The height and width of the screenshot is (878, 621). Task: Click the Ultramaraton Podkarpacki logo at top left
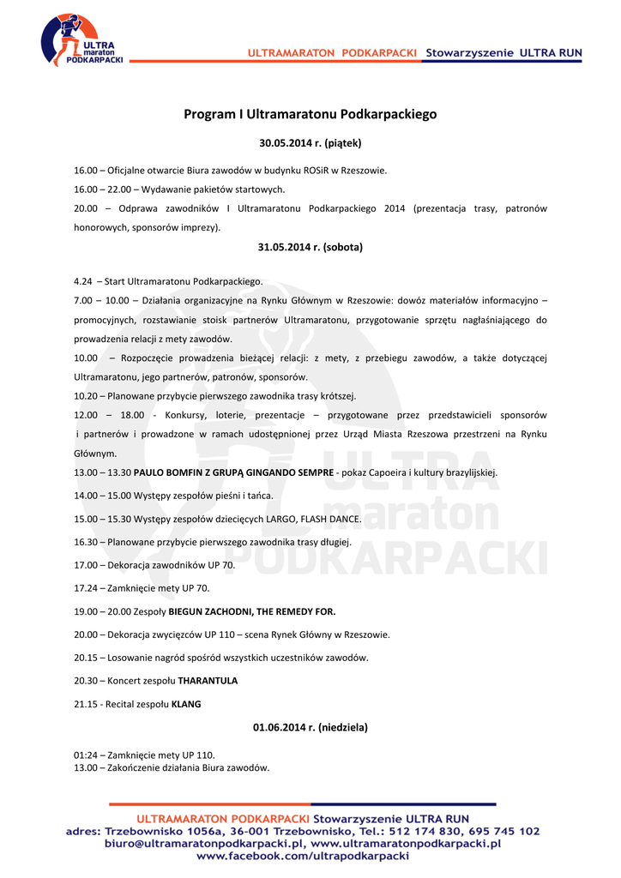tap(81, 40)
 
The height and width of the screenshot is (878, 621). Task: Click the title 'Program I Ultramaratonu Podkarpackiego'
tap(310, 114)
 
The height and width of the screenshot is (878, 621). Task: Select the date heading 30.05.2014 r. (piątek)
tap(310, 143)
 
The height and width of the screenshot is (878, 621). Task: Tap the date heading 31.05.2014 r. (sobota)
tap(310, 247)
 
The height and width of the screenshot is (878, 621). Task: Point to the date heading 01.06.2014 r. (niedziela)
tap(310, 727)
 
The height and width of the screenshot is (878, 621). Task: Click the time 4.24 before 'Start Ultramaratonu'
tap(83, 281)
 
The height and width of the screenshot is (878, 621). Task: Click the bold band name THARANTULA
tap(208, 681)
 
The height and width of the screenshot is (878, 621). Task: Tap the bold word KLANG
tap(186, 704)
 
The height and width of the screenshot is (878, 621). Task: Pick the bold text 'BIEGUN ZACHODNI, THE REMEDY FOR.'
tap(252, 611)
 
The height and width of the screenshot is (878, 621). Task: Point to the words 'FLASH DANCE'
tap(330, 519)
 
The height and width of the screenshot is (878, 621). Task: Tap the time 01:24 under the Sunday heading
tap(86, 755)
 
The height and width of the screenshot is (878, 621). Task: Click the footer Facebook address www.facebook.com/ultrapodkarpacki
tap(303, 857)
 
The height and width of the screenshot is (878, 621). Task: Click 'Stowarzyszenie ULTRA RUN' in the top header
tap(504, 53)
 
